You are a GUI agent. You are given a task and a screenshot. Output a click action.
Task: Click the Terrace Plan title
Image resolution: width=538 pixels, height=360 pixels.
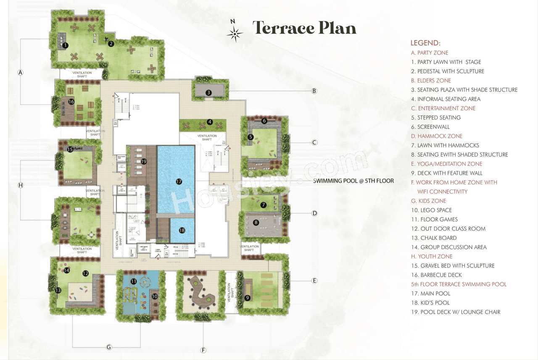(304, 28)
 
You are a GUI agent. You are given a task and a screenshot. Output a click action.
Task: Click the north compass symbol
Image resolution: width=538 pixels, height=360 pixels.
(235, 32)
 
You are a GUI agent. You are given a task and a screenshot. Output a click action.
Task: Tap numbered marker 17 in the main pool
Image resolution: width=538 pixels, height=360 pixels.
(179, 181)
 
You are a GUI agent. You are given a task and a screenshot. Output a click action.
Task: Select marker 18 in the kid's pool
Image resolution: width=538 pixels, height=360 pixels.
(182, 230)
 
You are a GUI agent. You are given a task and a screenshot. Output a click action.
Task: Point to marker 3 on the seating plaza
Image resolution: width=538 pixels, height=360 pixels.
(209, 92)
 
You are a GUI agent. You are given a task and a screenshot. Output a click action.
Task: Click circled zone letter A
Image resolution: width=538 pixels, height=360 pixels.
(20, 73)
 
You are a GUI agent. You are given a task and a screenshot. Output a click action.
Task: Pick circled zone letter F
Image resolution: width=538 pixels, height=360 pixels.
(203, 350)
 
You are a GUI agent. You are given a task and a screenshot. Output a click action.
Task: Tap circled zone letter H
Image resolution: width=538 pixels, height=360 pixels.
(21, 185)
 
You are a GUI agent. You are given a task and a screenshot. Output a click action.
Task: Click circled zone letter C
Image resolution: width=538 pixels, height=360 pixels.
(314, 142)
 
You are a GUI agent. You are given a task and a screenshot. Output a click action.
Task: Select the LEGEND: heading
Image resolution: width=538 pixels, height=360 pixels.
(425, 43)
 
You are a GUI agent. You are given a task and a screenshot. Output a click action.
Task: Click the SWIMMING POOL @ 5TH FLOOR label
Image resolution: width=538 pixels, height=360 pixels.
(353, 181)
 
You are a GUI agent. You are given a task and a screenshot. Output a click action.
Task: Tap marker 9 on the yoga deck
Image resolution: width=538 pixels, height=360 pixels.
(248, 297)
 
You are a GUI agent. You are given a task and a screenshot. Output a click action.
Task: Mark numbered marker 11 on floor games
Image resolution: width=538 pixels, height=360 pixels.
(134, 281)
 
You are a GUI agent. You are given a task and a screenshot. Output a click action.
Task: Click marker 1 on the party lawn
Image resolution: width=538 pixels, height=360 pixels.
(65, 45)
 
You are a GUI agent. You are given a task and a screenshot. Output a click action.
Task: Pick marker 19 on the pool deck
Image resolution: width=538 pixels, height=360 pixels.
(144, 161)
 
